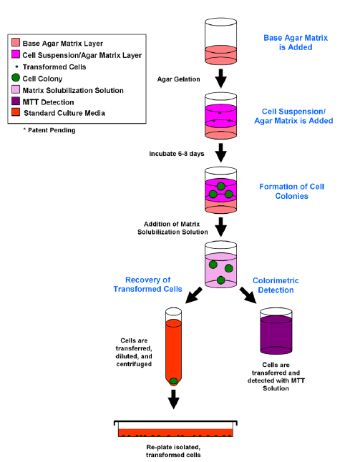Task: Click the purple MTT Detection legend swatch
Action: pyautogui.click(x=16, y=102)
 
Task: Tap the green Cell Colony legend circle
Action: pyautogui.click(x=16, y=78)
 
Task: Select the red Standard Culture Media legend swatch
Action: pyautogui.click(x=16, y=112)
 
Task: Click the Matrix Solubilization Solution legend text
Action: pyautogui.click(x=73, y=90)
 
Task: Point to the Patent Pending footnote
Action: pyautogui.click(x=49, y=130)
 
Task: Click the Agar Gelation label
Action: pyautogui.click(x=179, y=79)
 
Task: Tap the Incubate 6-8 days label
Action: pyautogui.click(x=177, y=154)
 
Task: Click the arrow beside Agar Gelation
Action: pyautogui.click(x=221, y=79)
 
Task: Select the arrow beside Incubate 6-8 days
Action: pyautogui.click(x=221, y=152)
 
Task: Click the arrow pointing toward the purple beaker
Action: pyautogui.click(x=248, y=295)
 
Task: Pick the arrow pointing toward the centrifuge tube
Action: pyautogui.click(x=194, y=295)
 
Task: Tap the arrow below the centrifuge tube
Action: pyautogui.click(x=174, y=399)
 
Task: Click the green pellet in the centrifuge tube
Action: pyautogui.click(x=174, y=381)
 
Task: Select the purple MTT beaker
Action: pyautogui.click(x=276, y=331)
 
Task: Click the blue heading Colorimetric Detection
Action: pyautogui.click(x=276, y=285)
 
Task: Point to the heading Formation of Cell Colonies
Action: pyautogui.click(x=291, y=191)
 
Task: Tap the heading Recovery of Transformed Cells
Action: pyautogui.click(x=147, y=285)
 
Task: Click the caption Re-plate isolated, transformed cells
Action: pyautogui.click(x=173, y=451)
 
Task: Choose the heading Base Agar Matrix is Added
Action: pyautogui.click(x=296, y=42)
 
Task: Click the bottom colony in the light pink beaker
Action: pyautogui.click(x=221, y=280)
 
